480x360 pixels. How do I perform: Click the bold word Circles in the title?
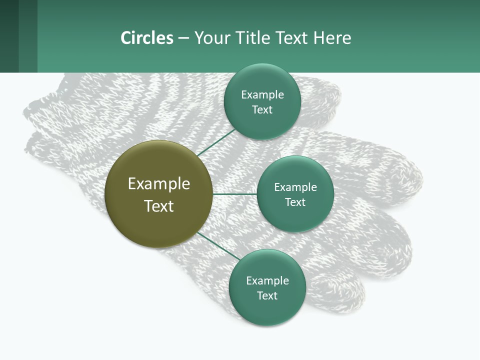[147, 38]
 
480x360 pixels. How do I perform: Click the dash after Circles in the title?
[183, 38]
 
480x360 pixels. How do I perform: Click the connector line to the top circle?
[216, 142]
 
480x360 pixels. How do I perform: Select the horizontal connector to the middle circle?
[234, 194]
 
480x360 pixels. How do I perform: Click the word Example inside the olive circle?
[159, 184]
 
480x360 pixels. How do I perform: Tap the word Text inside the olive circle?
[159, 206]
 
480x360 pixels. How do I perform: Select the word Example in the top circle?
[262, 95]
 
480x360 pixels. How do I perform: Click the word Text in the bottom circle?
[267, 296]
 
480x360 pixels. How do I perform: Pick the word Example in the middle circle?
[295, 187]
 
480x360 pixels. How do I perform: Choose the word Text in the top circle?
[262, 110]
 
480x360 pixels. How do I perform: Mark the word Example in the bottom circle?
[267, 281]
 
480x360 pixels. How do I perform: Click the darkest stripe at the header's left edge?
[9, 36]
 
